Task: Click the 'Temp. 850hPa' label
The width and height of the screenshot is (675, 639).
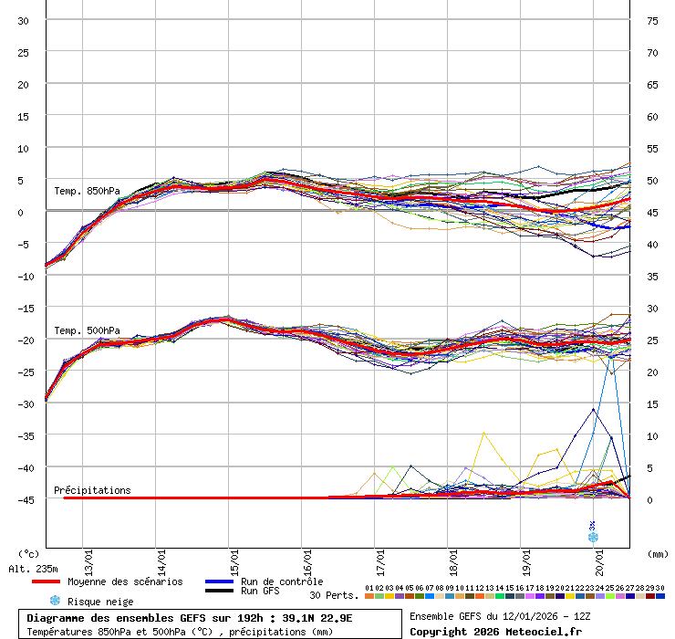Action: coord(87,191)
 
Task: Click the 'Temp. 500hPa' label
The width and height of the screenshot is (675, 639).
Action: coord(87,330)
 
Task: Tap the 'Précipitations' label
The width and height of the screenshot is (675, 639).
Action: coord(92,490)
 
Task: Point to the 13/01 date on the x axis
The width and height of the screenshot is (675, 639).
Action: coord(88,556)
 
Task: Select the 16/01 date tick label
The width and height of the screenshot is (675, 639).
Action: coord(307,556)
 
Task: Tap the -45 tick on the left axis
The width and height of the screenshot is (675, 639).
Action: coord(23,499)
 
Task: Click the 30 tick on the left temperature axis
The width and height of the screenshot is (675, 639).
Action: coord(23,21)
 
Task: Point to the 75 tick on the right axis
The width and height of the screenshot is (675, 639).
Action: coord(653,21)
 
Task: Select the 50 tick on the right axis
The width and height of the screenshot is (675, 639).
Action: coord(653,181)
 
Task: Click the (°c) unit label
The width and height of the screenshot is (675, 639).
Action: coord(29,553)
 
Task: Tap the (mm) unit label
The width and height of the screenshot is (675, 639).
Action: coord(658,553)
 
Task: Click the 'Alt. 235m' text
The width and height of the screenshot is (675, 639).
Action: coord(34,569)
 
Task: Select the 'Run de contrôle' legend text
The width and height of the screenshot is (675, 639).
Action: coord(282,581)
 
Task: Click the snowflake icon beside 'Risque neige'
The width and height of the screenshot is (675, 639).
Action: coord(55,601)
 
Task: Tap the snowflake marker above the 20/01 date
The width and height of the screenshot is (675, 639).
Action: coord(593,537)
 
